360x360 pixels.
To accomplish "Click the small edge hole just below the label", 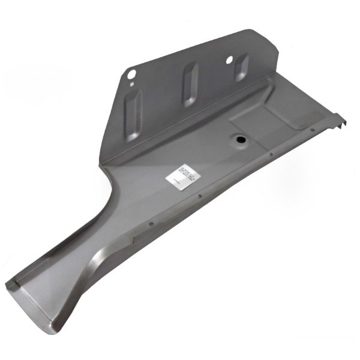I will (199, 193).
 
